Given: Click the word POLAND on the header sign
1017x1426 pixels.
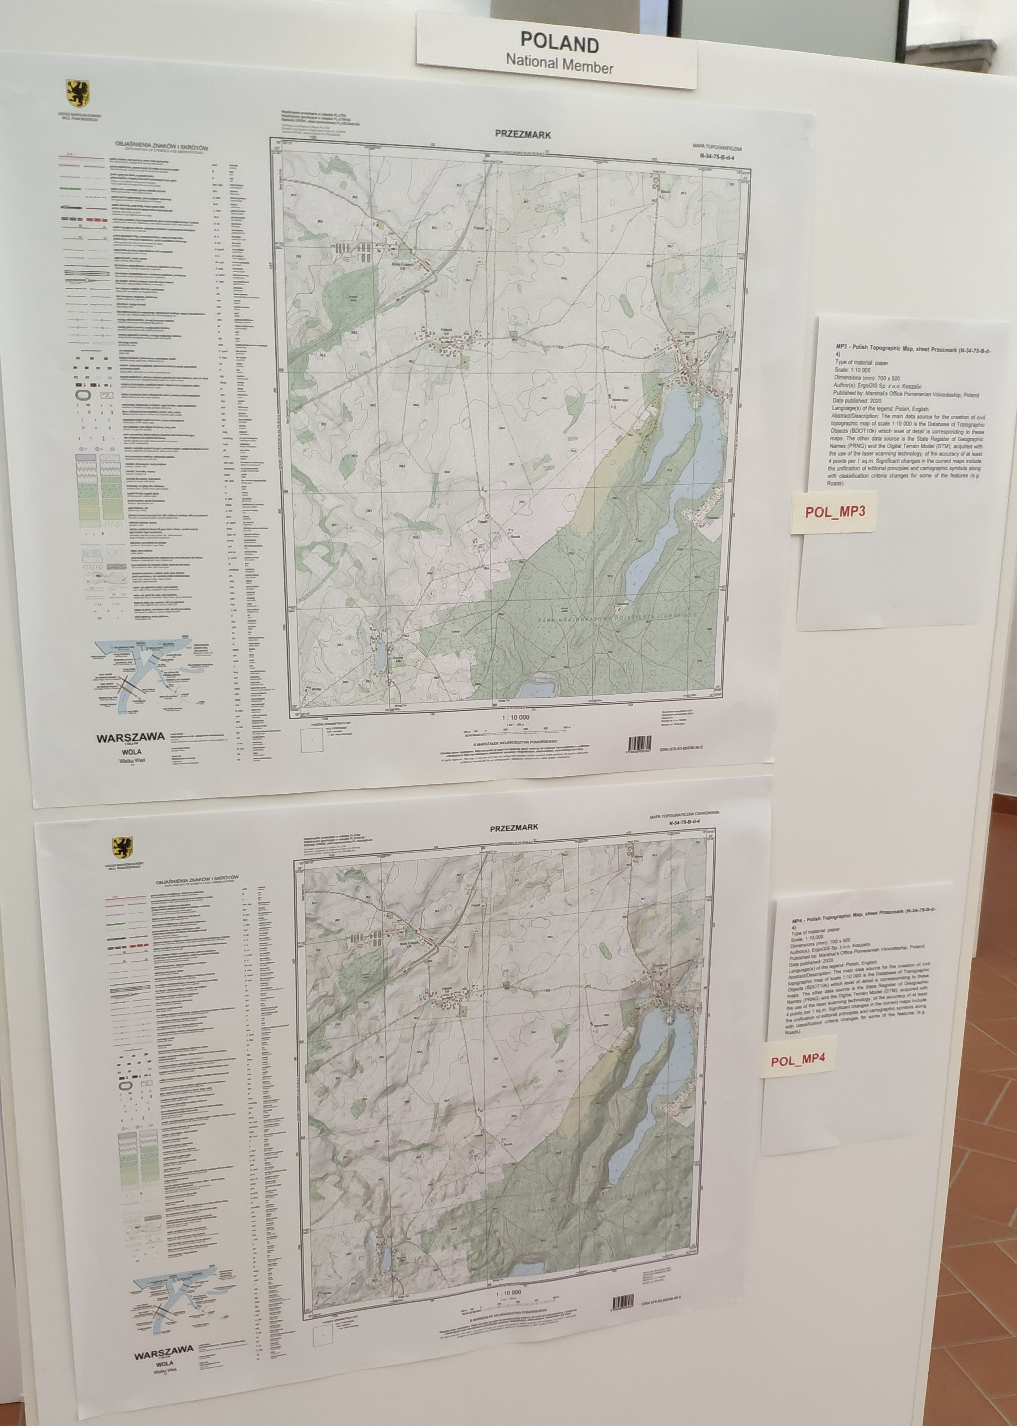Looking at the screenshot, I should point(559,43).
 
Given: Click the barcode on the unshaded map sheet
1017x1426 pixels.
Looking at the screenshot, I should point(640,744).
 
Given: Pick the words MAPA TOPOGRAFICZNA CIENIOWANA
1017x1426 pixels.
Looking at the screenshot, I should point(684,813).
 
